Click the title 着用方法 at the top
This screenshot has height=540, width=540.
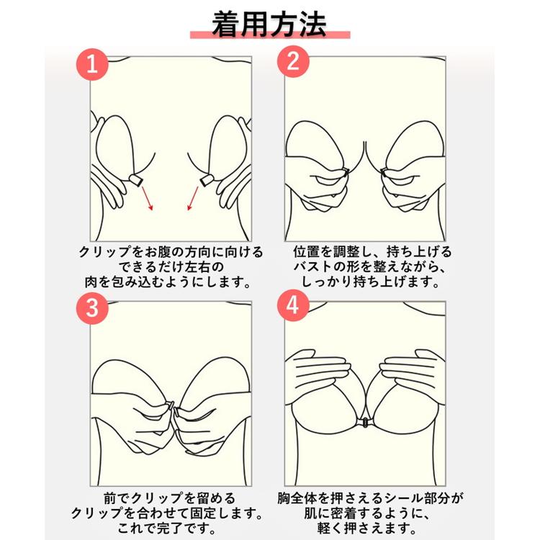pyautogui.click(x=269, y=24)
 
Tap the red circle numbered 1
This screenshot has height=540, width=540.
pyautogui.click(x=92, y=64)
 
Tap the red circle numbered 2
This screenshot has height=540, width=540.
pyautogui.click(x=293, y=61)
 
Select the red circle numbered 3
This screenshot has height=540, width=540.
pyautogui.click(x=92, y=308)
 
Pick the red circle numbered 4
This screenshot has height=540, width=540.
pyautogui.click(x=293, y=305)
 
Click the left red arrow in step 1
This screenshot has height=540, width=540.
pyautogui.click(x=147, y=198)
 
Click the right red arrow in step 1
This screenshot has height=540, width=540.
pyautogui.click(x=193, y=198)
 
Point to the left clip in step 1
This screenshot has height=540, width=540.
pyautogui.click(x=135, y=180)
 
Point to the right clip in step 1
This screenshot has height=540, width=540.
pyautogui.click(x=207, y=180)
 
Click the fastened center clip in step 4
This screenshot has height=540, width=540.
pyautogui.click(x=364, y=421)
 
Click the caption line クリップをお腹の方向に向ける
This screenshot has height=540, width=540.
pyautogui.click(x=171, y=252)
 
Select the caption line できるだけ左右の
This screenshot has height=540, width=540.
pyautogui.click(x=171, y=267)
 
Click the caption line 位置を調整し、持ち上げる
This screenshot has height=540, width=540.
pyautogui.click(x=372, y=252)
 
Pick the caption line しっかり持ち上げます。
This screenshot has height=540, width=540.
pyautogui.click(x=371, y=282)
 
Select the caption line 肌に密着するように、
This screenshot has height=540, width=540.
pyautogui.click(x=367, y=513)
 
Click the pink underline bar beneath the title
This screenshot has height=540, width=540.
pyautogui.click(x=270, y=35)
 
